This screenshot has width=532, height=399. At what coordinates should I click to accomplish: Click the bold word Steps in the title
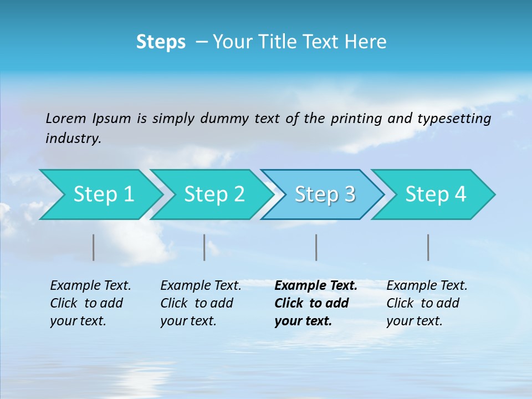(161, 42)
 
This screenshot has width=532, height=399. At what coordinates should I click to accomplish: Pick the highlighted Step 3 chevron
(325, 195)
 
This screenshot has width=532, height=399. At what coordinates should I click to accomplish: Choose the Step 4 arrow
(436, 195)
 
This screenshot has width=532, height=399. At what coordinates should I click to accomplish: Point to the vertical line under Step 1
(94, 247)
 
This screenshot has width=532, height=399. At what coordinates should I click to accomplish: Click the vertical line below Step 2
(204, 247)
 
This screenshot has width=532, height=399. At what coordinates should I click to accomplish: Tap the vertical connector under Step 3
(316, 247)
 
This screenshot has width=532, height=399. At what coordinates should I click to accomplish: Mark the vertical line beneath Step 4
(428, 247)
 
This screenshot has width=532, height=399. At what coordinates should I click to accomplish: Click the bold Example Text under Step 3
(316, 286)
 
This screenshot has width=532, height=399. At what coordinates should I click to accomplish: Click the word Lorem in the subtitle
(66, 119)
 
